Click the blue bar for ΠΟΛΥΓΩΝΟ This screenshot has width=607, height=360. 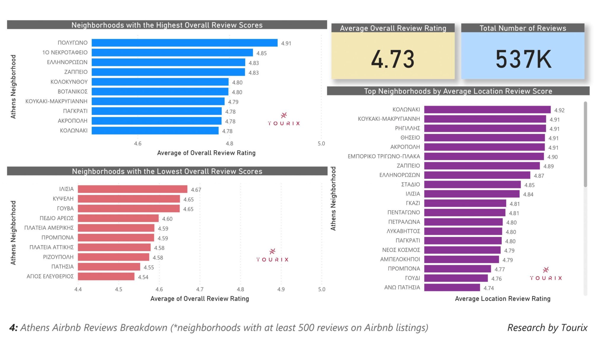184,43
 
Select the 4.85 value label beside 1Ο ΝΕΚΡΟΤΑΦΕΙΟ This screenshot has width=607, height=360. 261,53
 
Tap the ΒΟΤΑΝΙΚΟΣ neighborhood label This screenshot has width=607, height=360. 73,92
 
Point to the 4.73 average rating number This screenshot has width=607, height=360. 393,59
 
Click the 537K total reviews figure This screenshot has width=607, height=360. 523,59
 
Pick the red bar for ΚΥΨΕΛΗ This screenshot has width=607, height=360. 129,199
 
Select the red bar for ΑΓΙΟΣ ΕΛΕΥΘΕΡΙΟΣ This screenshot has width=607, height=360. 106,277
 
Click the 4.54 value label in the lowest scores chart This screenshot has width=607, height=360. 143,277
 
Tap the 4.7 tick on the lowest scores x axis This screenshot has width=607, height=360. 200,289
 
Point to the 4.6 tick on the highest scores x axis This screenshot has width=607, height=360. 138,144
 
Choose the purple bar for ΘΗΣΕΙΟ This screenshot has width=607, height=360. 484,138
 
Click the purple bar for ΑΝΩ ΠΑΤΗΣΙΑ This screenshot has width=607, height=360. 452,288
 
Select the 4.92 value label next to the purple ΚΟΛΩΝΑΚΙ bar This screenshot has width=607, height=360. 559,110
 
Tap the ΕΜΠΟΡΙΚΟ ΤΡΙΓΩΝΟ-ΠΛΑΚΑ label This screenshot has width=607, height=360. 384,156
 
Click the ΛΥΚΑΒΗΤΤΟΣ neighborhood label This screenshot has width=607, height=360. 403,231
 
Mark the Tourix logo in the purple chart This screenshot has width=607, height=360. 546,274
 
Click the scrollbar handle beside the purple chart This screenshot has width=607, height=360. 585,144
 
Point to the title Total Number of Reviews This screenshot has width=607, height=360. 523,28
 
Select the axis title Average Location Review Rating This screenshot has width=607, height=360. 503,299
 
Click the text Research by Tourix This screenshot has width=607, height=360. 547,328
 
